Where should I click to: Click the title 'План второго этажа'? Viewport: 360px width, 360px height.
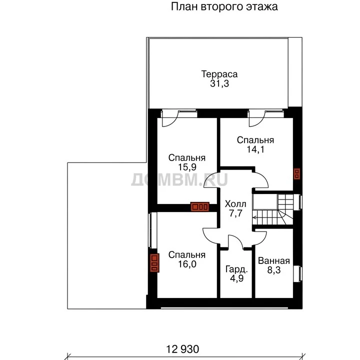click(x=224, y=7)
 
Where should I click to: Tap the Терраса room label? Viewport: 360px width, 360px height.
click(x=219, y=74)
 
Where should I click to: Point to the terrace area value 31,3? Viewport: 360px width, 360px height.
click(x=219, y=83)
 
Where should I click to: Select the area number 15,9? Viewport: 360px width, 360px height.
click(x=187, y=167)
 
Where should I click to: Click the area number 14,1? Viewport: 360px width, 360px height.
click(x=255, y=149)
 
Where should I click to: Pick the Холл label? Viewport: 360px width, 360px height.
click(x=235, y=204)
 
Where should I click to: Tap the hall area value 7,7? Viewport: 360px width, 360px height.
click(x=236, y=213)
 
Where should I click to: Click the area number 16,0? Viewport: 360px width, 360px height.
click(x=187, y=264)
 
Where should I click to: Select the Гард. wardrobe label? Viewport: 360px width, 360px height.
click(x=236, y=269)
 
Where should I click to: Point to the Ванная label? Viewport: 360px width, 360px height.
click(x=274, y=261)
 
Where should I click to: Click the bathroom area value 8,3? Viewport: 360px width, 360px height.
click(x=274, y=270)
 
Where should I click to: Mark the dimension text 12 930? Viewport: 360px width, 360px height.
click(x=182, y=349)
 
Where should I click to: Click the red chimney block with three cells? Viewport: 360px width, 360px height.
click(x=200, y=206)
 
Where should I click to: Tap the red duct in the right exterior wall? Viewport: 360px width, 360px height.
click(x=297, y=174)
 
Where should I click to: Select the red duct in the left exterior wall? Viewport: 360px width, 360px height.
click(x=154, y=263)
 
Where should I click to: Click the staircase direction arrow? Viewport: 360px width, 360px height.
click(x=255, y=217)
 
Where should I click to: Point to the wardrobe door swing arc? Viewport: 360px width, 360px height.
click(x=238, y=239)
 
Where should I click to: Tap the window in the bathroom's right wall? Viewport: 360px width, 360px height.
click(x=298, y=273)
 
